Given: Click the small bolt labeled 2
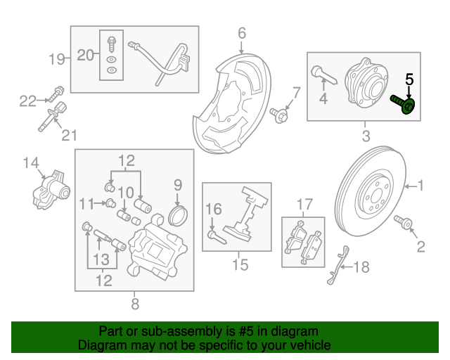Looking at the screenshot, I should (x=406, y=223).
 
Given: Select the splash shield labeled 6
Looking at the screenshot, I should (x=236, y=98).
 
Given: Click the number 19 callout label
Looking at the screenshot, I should (x=57, y=58).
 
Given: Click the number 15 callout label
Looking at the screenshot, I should (x=240, y=265).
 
